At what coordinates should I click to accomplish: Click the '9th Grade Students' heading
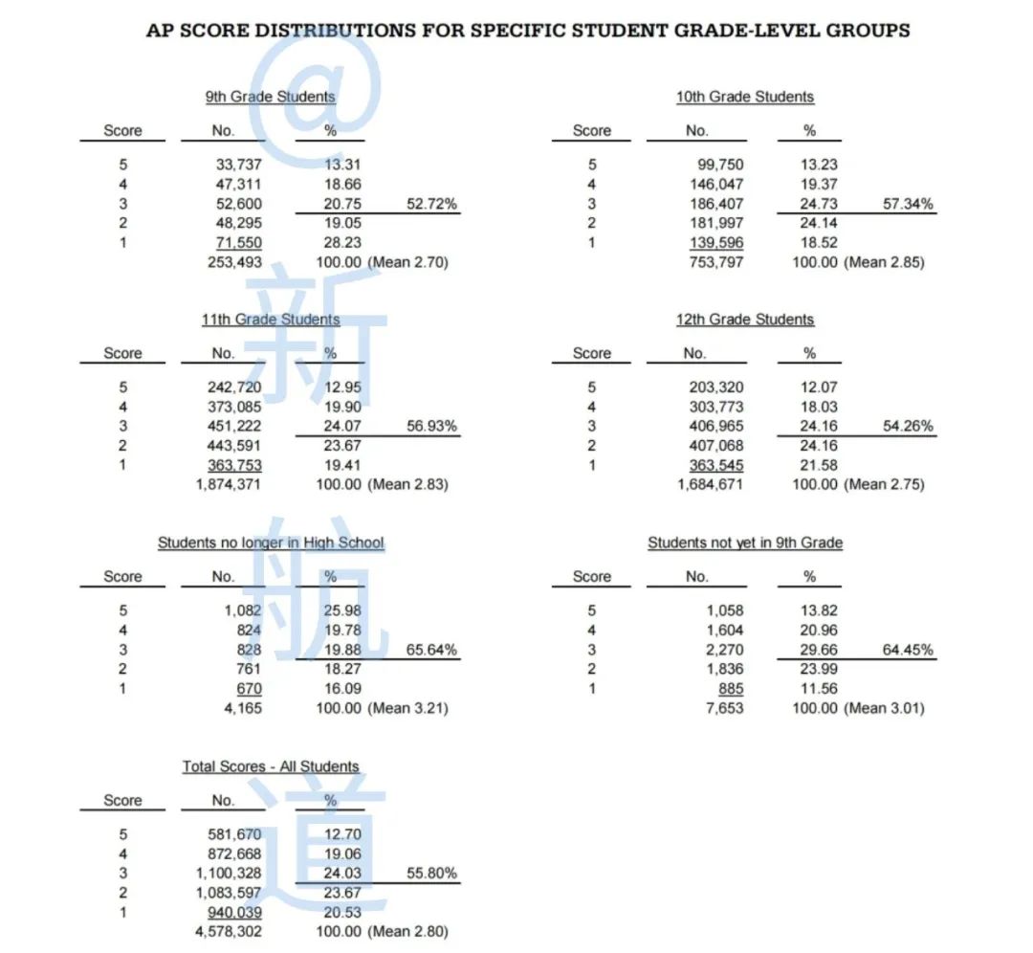pos(270,97)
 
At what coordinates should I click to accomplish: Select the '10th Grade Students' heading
pos(745,97)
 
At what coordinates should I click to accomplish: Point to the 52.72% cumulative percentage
pos(429,204)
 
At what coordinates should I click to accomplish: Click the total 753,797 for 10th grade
pos(715,262)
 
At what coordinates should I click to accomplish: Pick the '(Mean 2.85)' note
pos(885,262)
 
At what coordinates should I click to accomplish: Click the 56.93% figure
pos(429,426)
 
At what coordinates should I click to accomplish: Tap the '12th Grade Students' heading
pos(745,320)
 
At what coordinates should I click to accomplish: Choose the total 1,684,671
pos(711,485)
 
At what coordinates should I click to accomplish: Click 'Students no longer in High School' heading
pos(271,543)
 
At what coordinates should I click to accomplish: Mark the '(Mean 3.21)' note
pos(408,708)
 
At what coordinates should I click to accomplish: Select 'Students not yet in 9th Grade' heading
pos(745,543)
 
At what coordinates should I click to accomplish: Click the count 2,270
pos(724,650)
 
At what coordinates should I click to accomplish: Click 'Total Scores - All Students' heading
pos(271,767)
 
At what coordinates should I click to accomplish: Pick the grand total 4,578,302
pos(229,932)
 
